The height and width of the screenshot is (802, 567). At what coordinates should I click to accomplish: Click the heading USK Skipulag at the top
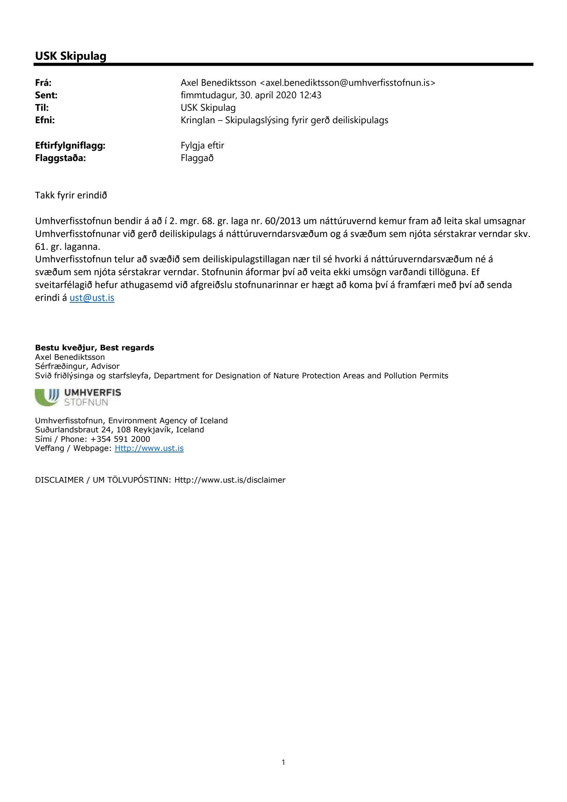(x=71, y=56)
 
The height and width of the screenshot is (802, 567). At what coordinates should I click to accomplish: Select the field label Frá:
(x=43, y=83)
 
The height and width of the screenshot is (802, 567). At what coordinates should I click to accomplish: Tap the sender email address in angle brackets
(x=348, y=83)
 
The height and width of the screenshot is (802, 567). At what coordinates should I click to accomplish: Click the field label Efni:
(x=45, y=120)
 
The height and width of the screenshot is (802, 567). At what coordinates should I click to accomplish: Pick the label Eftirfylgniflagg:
(x=70, y=146)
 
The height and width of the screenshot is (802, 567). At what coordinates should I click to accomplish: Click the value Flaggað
(x=197, y=158)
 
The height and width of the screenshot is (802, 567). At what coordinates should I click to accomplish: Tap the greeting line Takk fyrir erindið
(x=71, y=195)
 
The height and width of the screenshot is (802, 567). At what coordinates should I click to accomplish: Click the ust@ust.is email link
(x=92, y=297)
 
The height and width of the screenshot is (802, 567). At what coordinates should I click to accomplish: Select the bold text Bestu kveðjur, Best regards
(x=94, y=348)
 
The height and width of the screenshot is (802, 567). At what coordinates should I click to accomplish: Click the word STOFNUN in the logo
(x=86, y=402)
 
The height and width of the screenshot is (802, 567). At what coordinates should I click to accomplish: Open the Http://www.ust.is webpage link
(x=149, y=448)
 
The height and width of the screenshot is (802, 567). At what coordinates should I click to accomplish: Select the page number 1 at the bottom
(x=283, y=762)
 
